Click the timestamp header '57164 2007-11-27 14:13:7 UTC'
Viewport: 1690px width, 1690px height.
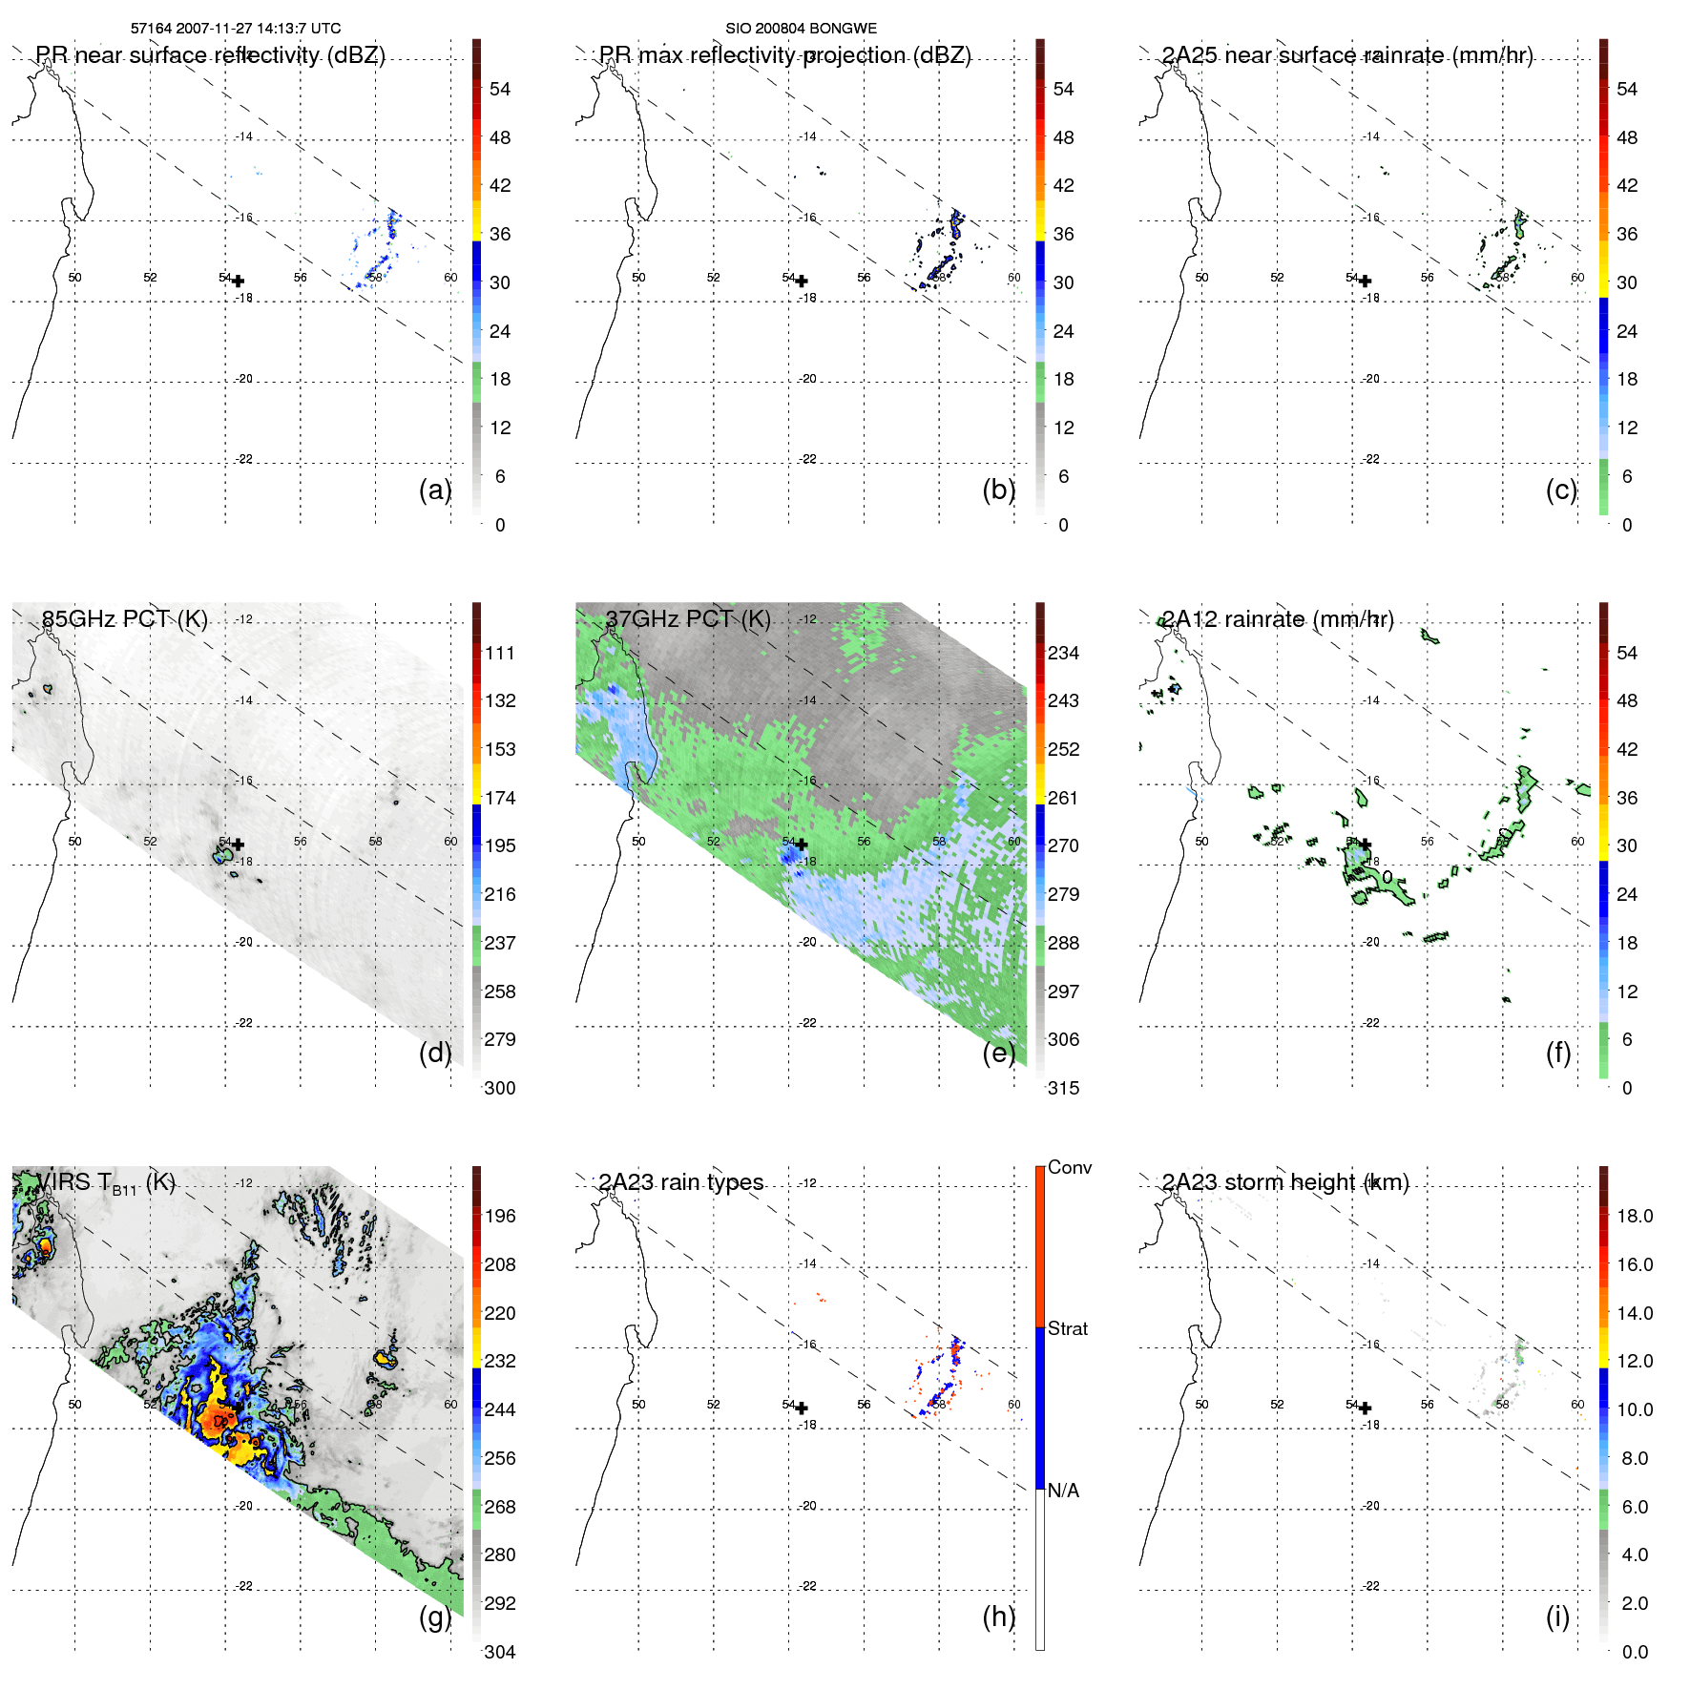235,29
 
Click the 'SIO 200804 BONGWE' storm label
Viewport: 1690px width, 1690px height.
801,29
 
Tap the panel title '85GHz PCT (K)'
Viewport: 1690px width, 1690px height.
124,619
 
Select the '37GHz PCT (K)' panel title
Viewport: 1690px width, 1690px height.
687,619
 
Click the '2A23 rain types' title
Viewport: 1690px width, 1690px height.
680,1183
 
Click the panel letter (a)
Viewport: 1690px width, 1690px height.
435,490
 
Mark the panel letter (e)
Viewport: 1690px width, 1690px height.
999,1054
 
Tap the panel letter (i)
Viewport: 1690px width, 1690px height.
1557,1617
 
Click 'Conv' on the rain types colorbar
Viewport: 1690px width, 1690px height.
1069,1168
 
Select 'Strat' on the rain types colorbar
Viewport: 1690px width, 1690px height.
1067,1329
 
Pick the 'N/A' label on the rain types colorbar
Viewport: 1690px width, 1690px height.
1063,1491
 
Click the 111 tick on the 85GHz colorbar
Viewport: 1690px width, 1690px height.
499,654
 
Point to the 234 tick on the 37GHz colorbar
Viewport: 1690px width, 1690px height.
1063,654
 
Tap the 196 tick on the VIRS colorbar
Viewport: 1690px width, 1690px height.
499,1217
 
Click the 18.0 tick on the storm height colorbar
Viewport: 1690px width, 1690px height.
1634,1217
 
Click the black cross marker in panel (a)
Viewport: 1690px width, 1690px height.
238,282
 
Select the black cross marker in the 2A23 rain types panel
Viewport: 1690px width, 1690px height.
802,1408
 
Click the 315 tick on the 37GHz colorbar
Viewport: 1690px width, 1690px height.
1063,1089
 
